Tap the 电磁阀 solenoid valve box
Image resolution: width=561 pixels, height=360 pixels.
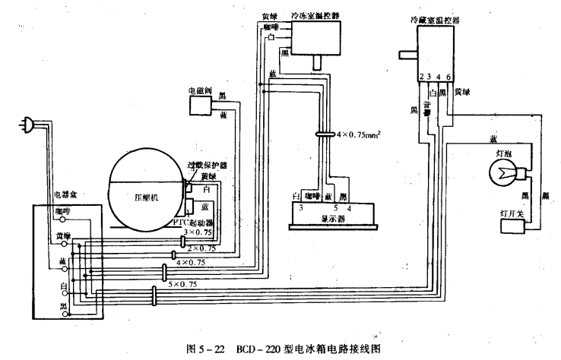pos(200,107)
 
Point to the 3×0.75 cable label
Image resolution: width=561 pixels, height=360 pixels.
pos(198,232)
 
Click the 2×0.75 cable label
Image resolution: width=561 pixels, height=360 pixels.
pos(201,247)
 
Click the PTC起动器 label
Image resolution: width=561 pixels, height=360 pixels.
pos(192,223)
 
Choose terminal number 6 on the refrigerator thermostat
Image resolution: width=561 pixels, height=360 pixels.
pos(449,77)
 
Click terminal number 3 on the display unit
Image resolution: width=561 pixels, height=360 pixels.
pos(301,207)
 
